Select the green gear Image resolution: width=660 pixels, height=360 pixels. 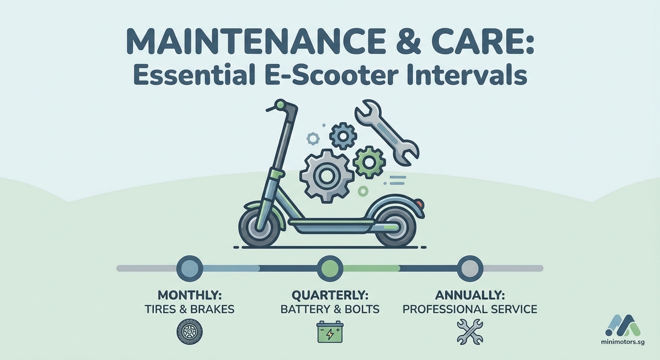pyautogui.click(x=369, y=161)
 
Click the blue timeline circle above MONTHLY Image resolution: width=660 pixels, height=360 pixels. pyautogui.click(x=189, y=268)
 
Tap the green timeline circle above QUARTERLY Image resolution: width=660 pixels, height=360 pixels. pyautogui.click(x=330, y=268)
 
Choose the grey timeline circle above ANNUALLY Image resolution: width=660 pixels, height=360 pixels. pyautogui.click(x=470, y=268)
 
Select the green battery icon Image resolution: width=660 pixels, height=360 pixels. pyautogui.click(x=330, y=332)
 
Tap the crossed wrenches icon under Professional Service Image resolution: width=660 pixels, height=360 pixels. pyautogui.click(x=469, y=331)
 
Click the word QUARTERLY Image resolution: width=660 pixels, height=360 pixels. pyautogui.click(x=330, y=295)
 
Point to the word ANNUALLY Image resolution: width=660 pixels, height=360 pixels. pyautogui.click(x=470, y=295)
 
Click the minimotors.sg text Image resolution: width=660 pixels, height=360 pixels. pyautogui.click(x=622, y=342)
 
